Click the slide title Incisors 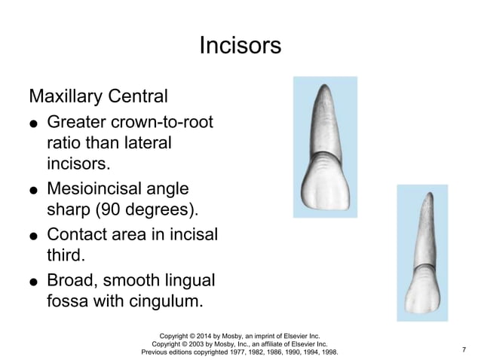[x=240, y=46]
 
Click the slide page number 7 [x=464, y=349]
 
